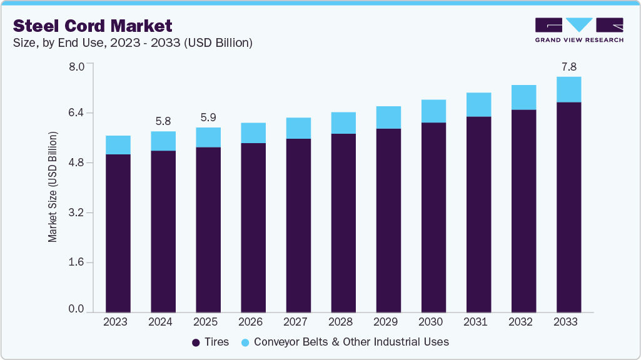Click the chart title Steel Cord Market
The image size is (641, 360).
point(93,26)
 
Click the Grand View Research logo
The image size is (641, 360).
point(578,30)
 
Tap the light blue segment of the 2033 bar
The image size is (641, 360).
point(568,89)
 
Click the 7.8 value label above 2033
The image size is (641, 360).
point(568,66)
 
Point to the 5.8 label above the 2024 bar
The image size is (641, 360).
point(163,121)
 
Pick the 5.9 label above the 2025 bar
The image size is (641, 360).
point(208,117)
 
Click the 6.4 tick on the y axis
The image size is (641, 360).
point(76,112)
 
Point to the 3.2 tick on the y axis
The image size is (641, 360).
point(76,212)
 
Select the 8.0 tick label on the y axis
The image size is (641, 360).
point(76,66)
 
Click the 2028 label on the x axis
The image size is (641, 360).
point(343,322)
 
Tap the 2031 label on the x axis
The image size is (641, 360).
point(478,322)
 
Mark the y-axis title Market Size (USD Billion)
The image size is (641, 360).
point(53,187)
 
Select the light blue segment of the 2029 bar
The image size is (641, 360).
point(388,117)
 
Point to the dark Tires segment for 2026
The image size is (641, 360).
point(253,227)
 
